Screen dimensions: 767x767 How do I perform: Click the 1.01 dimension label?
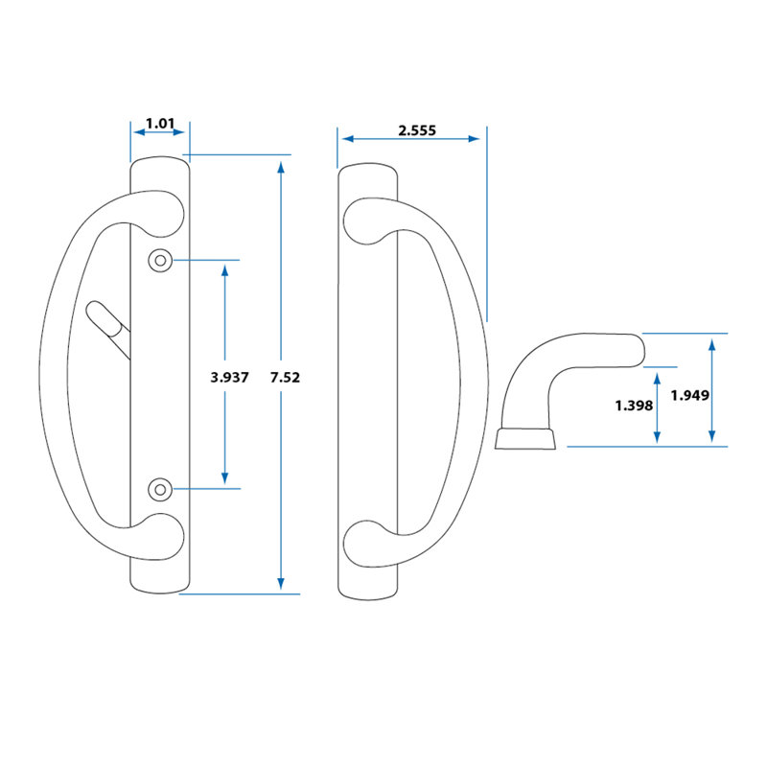pos(159,123)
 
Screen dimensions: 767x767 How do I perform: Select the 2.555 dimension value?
pos(417,130)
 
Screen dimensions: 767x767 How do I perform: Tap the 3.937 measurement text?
pos(229,378)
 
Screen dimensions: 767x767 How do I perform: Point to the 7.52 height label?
pos(286,378)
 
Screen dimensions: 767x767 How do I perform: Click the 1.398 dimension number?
pos(634,406)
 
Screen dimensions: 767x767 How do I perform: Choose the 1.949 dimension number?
pos(690,394)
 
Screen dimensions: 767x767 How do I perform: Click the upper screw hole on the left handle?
pos(160,260)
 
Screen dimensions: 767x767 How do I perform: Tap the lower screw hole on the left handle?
pos(160,490)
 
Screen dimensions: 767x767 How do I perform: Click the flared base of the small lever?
pos(526,438)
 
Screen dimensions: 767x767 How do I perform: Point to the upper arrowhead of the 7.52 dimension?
pos(280,168)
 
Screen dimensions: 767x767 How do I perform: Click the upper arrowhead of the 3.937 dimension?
pos(225,271)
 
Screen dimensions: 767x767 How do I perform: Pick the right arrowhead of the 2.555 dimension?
pos(474,139)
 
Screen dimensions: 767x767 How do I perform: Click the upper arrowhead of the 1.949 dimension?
pos(711,343)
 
